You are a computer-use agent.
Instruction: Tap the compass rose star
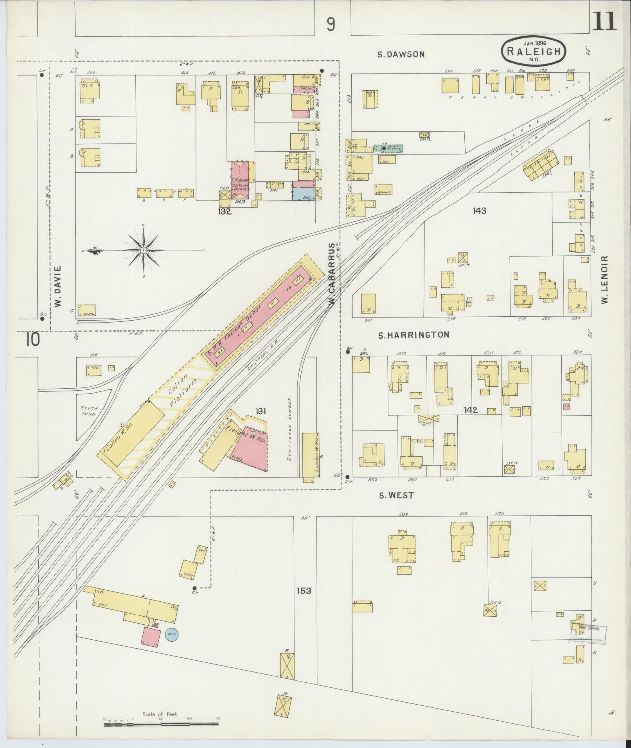point(144,250)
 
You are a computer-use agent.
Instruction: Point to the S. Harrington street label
point(413,335)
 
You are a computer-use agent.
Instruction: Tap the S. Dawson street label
point(401,54)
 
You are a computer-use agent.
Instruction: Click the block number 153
point(304,601)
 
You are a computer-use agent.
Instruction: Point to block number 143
point(479,211)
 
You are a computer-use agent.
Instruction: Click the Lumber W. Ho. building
point(311,457)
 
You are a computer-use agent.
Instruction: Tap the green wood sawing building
point(389,148)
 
